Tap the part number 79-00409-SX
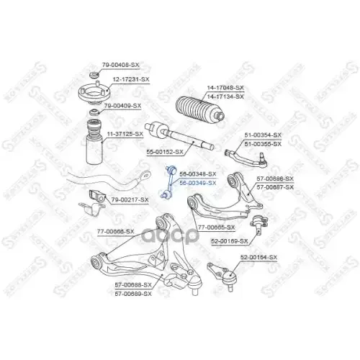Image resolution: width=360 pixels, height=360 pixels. point(122,105)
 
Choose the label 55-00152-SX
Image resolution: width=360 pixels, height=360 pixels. point(166,153)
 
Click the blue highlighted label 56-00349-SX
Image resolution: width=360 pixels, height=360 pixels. point(197,183)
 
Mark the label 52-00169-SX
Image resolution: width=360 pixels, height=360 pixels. point(229,241)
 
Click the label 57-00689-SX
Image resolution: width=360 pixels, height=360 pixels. point(133,292)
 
